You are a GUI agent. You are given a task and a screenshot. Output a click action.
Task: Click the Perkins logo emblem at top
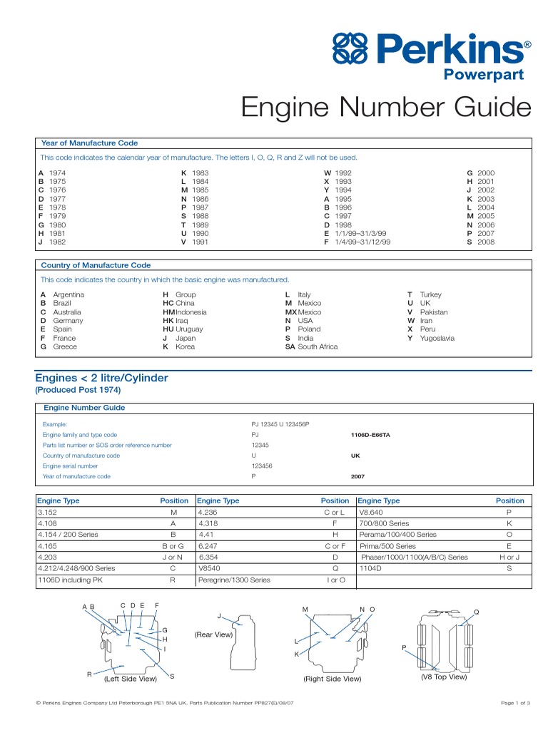tap(350, 51)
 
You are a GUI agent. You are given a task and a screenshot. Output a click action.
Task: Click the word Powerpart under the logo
tap(484, 75)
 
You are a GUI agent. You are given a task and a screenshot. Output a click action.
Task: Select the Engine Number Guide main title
tap(386, 108)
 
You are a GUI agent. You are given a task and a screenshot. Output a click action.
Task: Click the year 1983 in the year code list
tap(201, 173)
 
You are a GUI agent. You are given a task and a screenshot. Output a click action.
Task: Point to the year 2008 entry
tap(486, 242)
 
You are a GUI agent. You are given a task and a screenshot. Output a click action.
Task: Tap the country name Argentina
tap(68, 294)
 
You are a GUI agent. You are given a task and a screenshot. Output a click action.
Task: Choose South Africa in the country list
tap(318, 346)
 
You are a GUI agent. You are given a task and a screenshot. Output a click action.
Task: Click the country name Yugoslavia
tap(437, 338)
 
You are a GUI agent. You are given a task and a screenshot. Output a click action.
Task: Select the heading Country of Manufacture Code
tap(96, 265)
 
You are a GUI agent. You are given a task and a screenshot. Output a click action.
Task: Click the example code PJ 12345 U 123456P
tap(280, 424)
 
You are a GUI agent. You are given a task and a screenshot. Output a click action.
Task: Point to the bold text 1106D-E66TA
tap(370, 434)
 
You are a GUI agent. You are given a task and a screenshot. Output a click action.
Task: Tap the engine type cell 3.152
tap(48, 513)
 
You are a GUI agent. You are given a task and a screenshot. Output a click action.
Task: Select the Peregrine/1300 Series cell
tap(234, 580)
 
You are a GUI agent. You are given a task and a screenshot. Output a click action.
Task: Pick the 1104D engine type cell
tap(371, 568)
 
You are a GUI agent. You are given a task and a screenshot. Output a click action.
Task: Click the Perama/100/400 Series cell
tap(397, 534)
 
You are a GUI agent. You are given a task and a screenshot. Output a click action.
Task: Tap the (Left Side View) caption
tap(131, 679)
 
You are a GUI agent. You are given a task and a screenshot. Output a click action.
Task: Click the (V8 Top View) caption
tap(443, 677)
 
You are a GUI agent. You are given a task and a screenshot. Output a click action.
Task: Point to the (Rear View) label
tap(213, 634)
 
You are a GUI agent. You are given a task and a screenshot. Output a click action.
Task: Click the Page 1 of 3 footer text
tap(516, 703)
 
